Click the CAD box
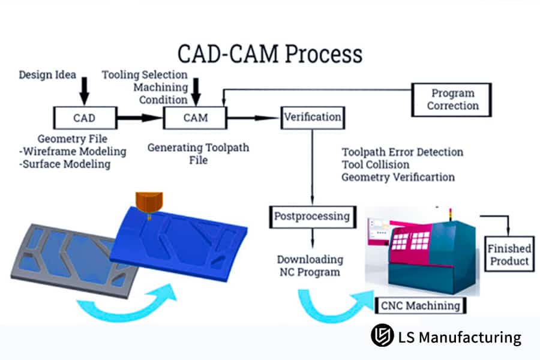(x=84, y=117)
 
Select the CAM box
(x=195, y=117)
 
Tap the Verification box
(x=312, y=116)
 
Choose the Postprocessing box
(x=312, y=215)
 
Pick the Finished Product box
(x=508, y=254)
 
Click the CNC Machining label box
(x=419, y=305)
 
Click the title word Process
(x=323, y=54)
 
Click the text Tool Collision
(x=376, y=164)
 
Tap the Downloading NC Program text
(x=310, y=266)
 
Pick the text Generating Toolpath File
(x=198, y=154)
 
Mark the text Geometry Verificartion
(x=398, y=177)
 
